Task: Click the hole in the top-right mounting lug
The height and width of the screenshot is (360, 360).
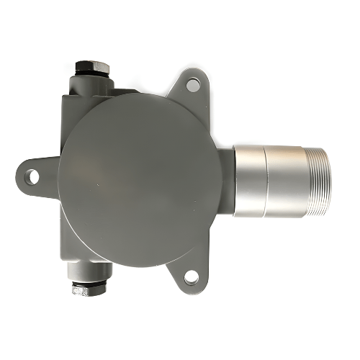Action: coord(193,85)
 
